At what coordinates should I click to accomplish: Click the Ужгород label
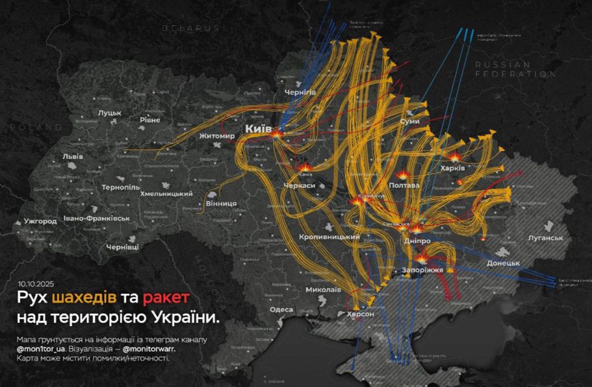40,221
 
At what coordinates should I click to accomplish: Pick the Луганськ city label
546,238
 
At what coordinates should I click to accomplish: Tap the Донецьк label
503,263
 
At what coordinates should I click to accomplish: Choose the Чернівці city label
122,246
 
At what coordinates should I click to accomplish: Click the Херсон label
356,314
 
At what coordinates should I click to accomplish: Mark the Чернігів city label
300,92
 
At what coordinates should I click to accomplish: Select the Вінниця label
221,203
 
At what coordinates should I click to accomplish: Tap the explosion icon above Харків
455,157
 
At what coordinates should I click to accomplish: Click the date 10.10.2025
36,285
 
